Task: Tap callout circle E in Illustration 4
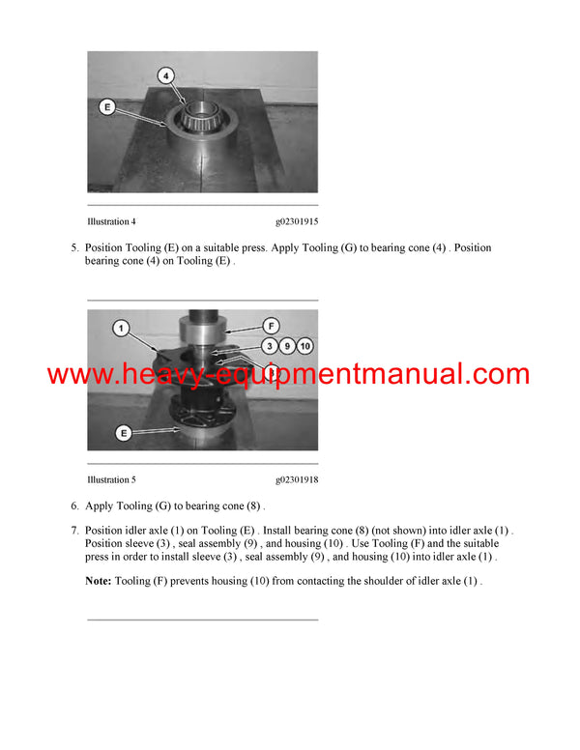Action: (x=106, y=106)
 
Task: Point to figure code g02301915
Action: (x=296, y=221)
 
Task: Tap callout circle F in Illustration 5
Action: (x=273, y=327)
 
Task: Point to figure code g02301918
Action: (x=296, y=479)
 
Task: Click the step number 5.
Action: (x=74, y=248)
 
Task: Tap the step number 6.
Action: (x=74, y=505)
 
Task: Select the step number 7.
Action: (x=74, y=531)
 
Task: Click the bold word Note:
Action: (x=99, y=581)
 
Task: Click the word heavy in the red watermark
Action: (x=177, y=374)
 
